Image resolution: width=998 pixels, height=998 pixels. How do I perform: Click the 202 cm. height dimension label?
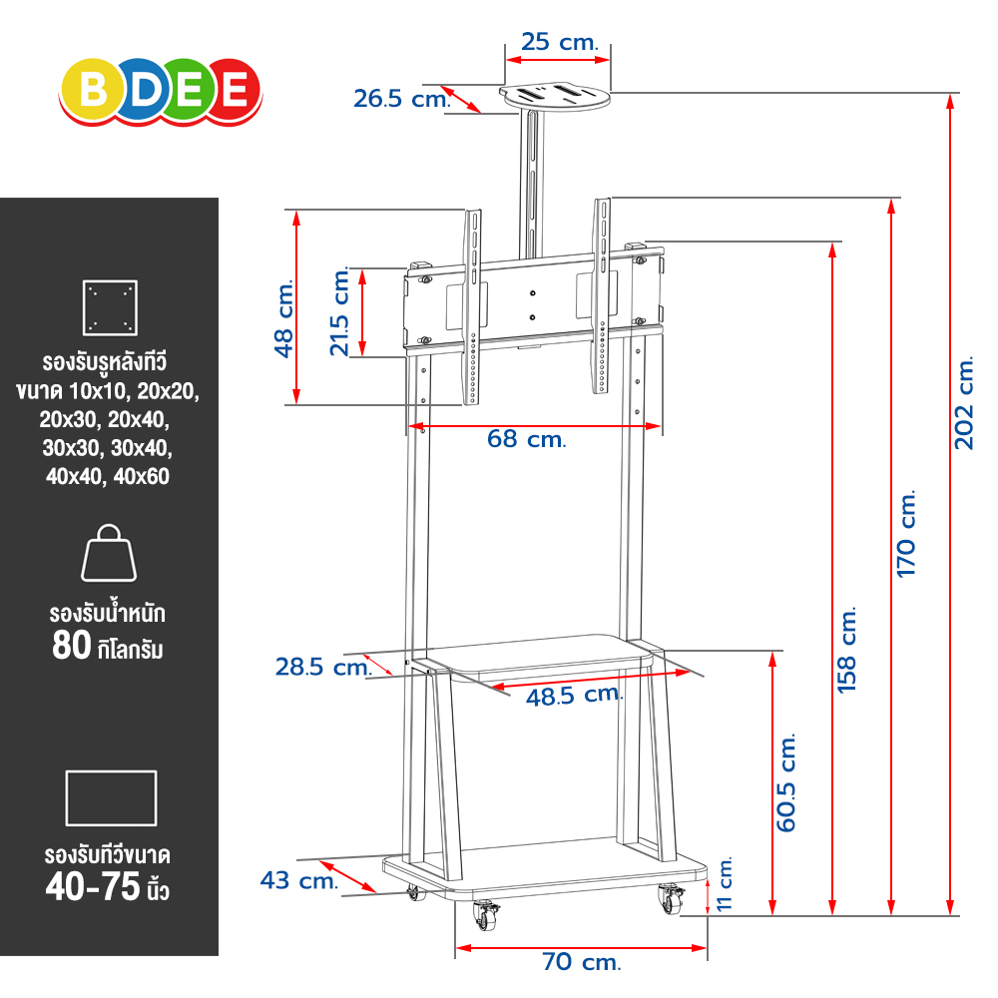point(965,403)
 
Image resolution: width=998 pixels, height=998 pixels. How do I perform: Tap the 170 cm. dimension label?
point(906,533)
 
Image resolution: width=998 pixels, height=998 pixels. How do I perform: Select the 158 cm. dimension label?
point(847,650)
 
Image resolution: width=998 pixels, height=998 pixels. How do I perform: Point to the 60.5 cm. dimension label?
point(786,782)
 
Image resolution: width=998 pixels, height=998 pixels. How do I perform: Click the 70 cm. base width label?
point(581,962)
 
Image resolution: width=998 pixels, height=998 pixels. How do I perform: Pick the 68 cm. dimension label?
point(526,438)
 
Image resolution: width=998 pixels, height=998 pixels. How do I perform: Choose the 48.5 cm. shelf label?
point(574,695)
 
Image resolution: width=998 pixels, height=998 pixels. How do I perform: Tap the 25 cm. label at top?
point(560,42)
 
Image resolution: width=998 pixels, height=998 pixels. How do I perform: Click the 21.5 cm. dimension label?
point(340,311)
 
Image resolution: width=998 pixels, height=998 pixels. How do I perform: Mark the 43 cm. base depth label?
point(298,880)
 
